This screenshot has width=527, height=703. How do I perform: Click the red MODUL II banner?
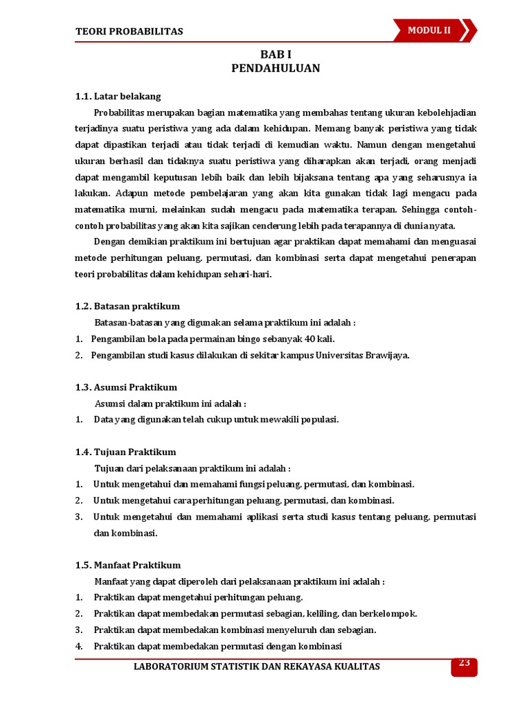(434, 30)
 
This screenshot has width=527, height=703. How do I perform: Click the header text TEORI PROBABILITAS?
(129, 32)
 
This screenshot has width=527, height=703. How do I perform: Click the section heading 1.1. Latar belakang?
(118, 96)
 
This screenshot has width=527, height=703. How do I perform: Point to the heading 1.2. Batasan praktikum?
(128, 306)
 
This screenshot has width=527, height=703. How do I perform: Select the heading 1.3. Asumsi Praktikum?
(126, 387)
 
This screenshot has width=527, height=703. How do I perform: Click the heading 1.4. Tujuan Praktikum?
(126, 452)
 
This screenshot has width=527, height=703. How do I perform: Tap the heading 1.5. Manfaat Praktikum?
(128, 565)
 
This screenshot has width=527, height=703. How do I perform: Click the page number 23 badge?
(464, 663)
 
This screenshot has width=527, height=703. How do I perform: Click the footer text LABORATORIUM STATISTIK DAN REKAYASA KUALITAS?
(256, 667)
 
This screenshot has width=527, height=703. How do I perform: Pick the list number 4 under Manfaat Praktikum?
(79, 646)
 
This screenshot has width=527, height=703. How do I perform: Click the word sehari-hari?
(249, 274)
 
